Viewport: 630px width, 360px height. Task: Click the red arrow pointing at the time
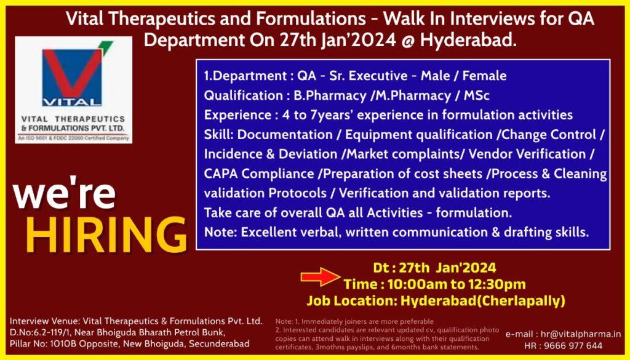(x=321, y=276)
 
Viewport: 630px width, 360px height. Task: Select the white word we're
(x=64, y=196)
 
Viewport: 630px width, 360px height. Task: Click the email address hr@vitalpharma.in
(x=581, y=334)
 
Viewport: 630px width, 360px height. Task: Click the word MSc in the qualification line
(x=477, y=95)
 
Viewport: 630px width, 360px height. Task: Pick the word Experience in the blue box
(x=237, y=115)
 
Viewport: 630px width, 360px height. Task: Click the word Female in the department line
(x=485, y=76)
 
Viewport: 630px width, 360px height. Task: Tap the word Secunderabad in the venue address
(x=219, y=344)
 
